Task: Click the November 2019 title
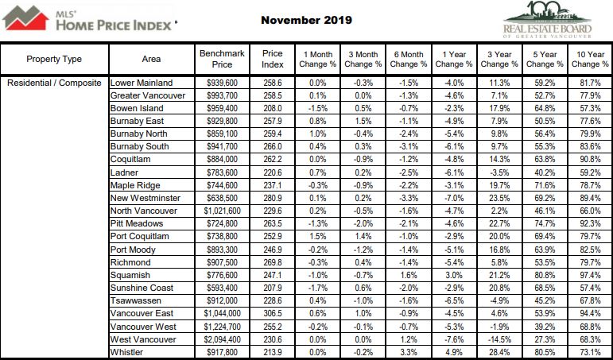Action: point(307,21)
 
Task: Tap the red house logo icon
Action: point(25,17)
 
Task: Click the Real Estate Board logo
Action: point(547,20)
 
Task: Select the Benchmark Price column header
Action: point(222,59)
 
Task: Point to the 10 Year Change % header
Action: point(590,59)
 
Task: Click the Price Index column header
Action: point(273,59)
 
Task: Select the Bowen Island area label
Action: point(137,108)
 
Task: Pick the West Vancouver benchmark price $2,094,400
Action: point(222,339)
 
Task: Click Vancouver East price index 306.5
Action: point(273,313)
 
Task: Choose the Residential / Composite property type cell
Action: point(54,83)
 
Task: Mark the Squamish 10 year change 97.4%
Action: point(590,275)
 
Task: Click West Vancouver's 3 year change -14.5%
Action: point(499,339)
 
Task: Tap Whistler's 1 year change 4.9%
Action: point(454,352)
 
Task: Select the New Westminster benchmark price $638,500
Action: point(222,198)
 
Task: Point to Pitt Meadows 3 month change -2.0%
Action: point(363,223)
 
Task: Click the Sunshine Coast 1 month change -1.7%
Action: point(317,288)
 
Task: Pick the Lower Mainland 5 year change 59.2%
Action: point(545,83)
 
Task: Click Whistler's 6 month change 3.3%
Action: point(409,352)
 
